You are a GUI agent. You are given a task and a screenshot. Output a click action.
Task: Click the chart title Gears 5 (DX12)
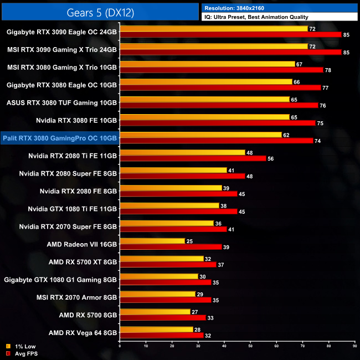100,11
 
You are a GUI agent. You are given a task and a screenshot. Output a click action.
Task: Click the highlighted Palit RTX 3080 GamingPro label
60,138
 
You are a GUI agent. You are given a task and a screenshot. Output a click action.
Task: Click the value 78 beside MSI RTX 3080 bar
327,70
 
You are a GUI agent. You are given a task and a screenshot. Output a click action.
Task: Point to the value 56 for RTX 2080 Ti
270,158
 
